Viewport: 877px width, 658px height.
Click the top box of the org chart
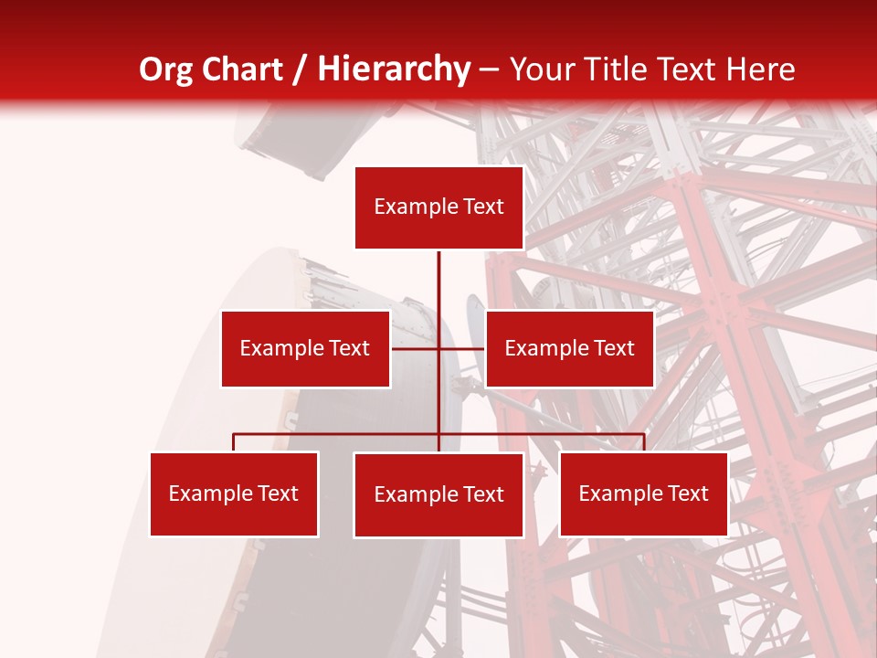pos(438,207)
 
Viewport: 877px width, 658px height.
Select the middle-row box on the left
pos(305,348)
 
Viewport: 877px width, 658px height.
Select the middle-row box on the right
pos(569,348)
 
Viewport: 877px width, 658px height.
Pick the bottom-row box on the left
pos(234,493)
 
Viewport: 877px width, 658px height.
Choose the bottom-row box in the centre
pos(438,494)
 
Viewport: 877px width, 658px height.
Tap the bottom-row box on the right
pos(643,493)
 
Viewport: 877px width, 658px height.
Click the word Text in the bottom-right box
pos(687,493)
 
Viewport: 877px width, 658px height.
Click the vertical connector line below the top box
pos(438,283)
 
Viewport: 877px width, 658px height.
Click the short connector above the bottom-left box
pos(234,442)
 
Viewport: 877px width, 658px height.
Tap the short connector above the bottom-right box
pos(643,442)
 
